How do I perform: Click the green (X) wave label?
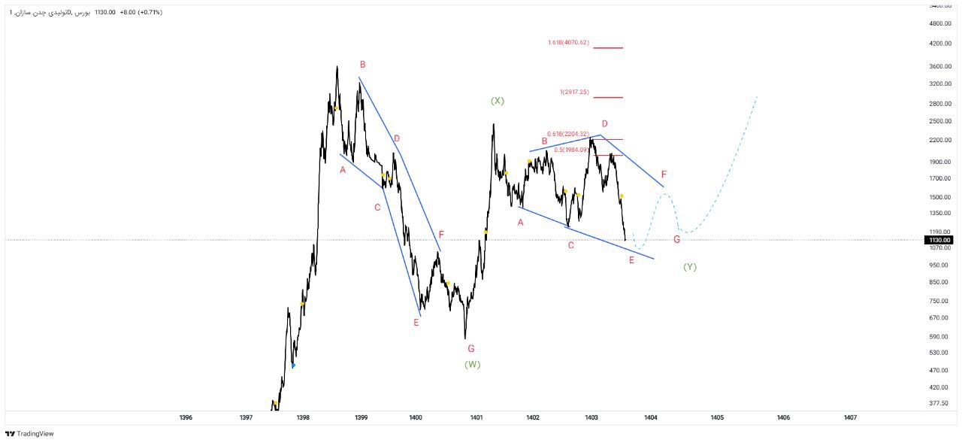pos(497,101)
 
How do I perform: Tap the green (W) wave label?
pos(472,365)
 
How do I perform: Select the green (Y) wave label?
pos(690,267)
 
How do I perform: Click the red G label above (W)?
pos(471,349)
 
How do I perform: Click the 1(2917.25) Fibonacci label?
pos(574,92)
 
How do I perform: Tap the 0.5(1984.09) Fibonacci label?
pos(570,150)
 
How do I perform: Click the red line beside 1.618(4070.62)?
pos(608,47)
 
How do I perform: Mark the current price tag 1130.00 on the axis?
pos(939,240)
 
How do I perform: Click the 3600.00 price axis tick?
pos(940,66)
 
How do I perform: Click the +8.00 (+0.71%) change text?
pos(141,13)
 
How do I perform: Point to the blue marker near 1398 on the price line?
pos(293,366)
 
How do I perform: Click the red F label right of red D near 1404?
pos(664,174)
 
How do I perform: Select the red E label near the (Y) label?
pos(631,260)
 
